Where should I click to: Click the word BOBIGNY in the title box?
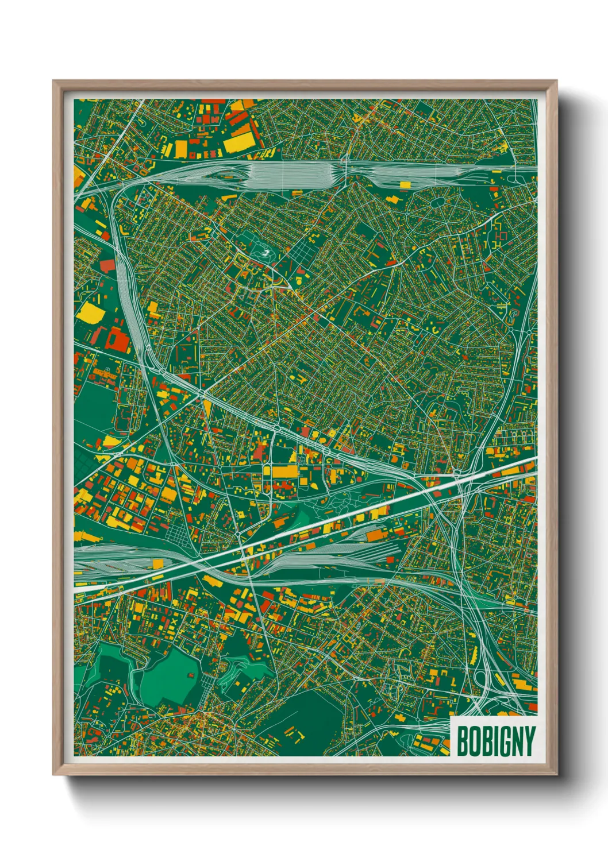[x=495, y=741]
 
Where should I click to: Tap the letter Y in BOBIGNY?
[x=529, y=741]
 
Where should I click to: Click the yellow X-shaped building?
[x=174, y=621]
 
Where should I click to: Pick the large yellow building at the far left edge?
[x=89, y=313]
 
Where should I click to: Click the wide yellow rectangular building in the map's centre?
[x=283, y=472]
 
